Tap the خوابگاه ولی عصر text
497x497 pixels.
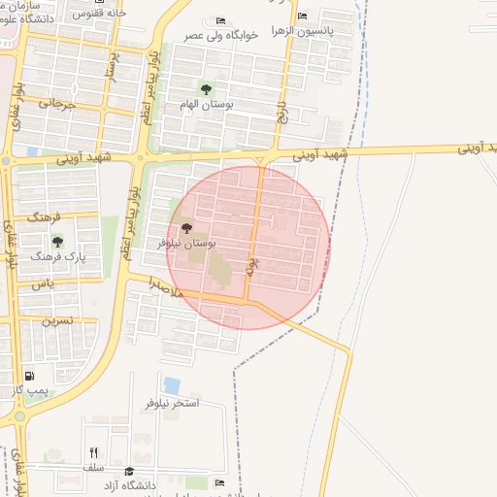point(222,35)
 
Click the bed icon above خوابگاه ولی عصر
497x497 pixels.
point(221,20)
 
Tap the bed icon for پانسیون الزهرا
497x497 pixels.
point(303,16)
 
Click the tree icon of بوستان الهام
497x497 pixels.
point(203,88)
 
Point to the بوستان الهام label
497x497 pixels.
point(203,103)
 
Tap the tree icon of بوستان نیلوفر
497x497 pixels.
point(187,227)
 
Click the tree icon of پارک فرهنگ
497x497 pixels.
point(57,242)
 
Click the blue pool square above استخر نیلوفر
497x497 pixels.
point(172,384)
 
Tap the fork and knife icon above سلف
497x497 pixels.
point(94,452)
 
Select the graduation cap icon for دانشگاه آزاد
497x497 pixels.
point(116,471)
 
